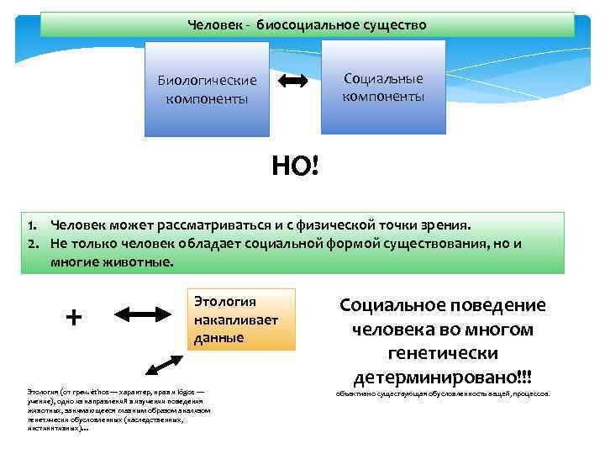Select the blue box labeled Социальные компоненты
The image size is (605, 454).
(382, 87)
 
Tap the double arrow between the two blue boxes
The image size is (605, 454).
(292, 82)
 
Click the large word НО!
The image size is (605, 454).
(295, 166)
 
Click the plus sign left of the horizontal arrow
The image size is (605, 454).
(74, 316)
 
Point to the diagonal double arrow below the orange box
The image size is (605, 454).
(164, 366)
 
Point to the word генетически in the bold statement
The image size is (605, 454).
(443, 351)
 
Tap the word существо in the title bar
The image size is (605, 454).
(396, 25)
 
